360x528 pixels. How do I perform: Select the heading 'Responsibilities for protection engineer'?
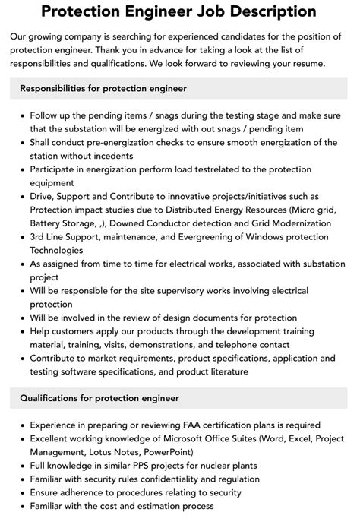103,88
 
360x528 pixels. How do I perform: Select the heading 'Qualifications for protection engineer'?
99,397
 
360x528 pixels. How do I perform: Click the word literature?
224,371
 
